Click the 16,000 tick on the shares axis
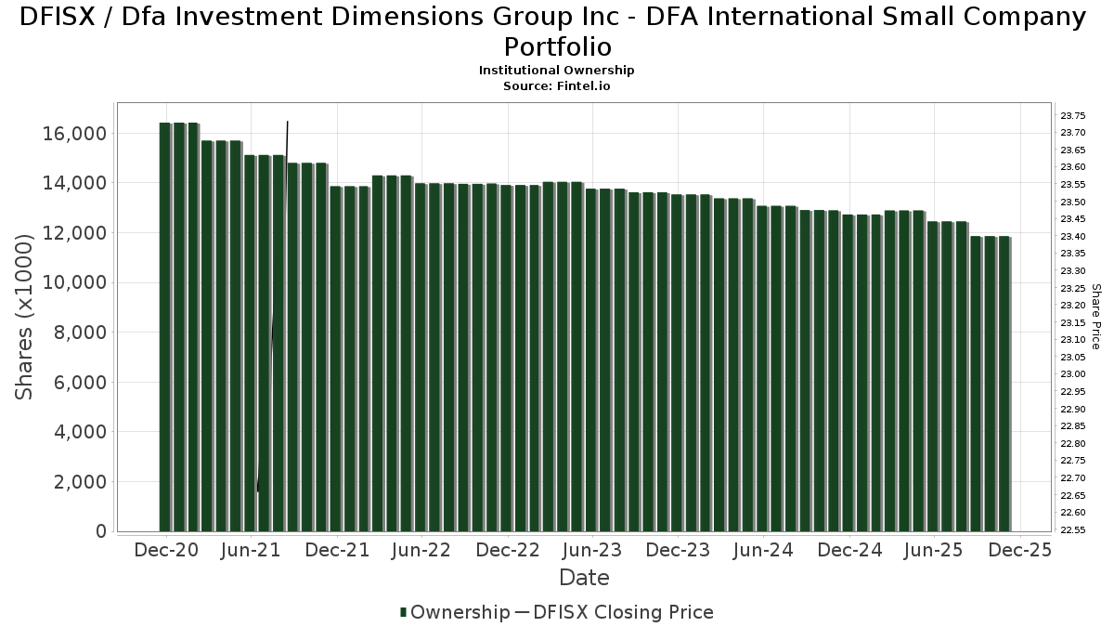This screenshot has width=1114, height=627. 72,134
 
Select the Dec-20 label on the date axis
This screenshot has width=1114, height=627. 166,550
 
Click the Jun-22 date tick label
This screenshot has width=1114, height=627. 421,550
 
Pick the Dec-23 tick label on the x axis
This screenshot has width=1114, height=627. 678,550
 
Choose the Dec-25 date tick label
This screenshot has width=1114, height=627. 1019,550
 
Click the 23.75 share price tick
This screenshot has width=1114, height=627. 1072,115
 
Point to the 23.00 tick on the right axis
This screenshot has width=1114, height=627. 1072,374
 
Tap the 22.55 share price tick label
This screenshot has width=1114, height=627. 1072,530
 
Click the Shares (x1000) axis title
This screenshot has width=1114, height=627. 25,317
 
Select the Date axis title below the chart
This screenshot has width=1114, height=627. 584,578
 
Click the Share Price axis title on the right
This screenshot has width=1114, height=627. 1095,317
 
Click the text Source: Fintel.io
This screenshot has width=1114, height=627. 556,85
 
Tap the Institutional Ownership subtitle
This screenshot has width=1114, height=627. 556,71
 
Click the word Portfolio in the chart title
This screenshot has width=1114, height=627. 557,46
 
